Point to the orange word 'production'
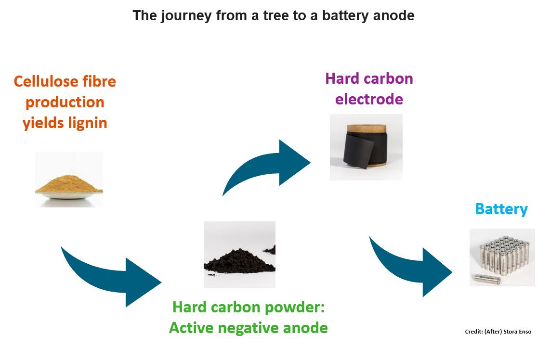[x=65, y=102]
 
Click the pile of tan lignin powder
[x=68, y=184]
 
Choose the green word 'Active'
[x=191, y=328]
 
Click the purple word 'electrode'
[x=369, y=99]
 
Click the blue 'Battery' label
[x=501, y=209]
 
